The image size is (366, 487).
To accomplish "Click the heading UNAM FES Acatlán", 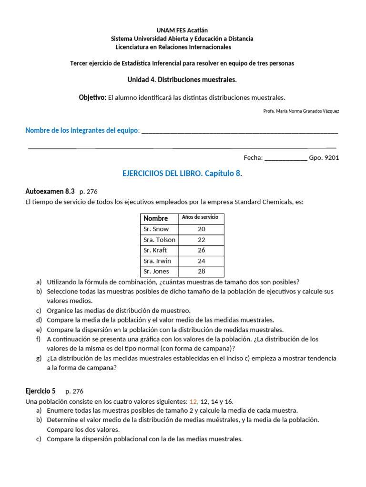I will tap(182, 30).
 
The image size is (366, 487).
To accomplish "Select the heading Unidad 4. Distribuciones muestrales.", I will tap(182, 79).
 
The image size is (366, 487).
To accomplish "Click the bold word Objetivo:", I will tap(92, 97).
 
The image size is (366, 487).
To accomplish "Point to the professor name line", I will tap(301, 111).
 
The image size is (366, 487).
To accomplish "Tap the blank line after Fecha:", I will tap(285, 158).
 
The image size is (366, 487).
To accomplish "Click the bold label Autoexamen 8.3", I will tap(50, 191).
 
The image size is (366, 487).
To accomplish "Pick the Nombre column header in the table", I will tap(155, 218).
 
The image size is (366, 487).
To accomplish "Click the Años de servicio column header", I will tap(200, 217).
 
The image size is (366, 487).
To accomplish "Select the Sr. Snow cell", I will tap(156, 229).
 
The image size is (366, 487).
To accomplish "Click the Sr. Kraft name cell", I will tap(155, 250).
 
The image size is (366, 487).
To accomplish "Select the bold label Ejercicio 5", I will tap(40, 391).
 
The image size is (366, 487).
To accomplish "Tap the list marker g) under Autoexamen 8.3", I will tap(39, 358).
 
